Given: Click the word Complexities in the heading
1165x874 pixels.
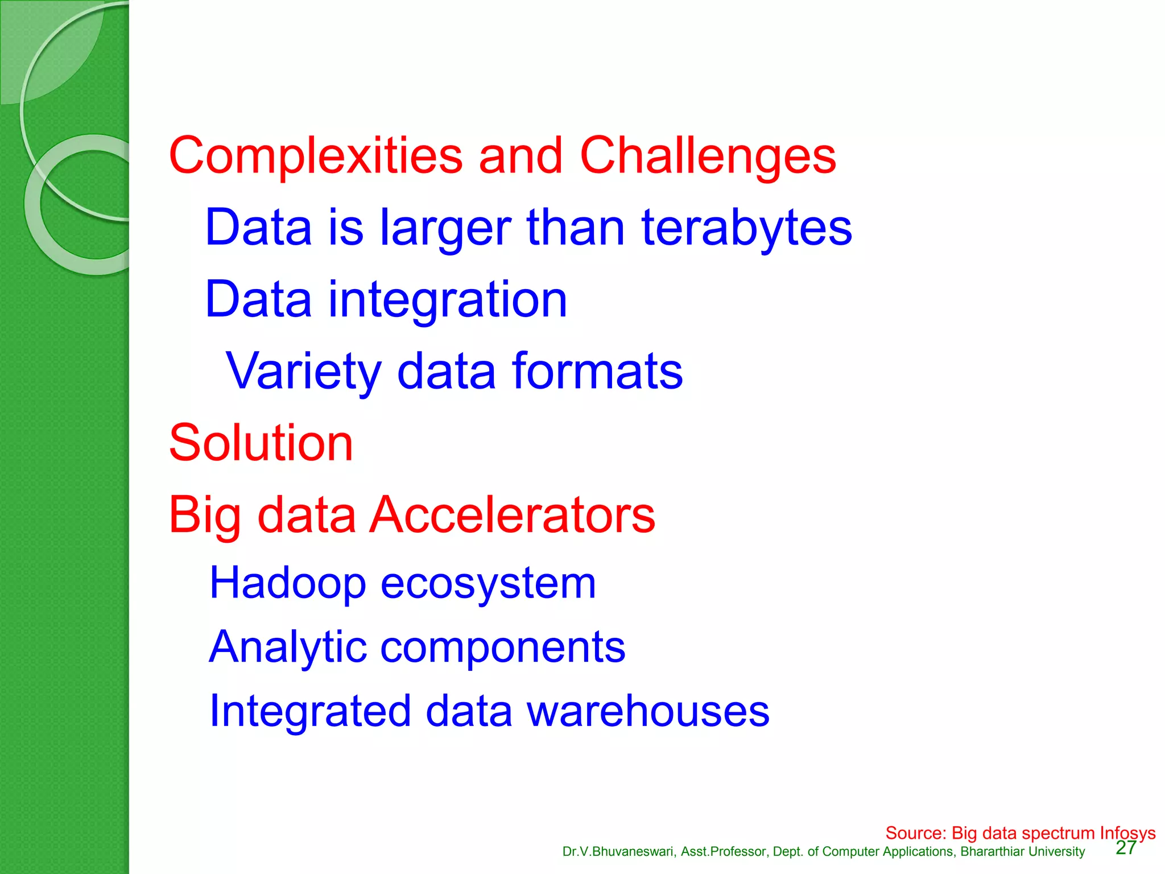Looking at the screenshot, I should tap(316, 156).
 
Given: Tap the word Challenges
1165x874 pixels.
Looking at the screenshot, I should tap(708, 156).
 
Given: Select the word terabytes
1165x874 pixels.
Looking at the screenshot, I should tap(746, 228).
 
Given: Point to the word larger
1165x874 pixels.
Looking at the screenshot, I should tap(445, 228).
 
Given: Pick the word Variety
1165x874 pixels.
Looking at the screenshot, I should tap(303, 371).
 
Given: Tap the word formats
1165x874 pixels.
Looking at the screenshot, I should tap(597, 371).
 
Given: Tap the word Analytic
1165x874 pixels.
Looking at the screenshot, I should tap(287, 647).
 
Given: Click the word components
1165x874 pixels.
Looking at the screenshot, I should tap(502, 647).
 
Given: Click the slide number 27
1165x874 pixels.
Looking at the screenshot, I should tap(1126, 848).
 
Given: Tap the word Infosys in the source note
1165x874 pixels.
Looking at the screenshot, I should tap(1127, 833).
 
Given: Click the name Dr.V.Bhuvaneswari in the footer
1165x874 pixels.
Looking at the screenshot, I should tap(618, 852).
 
